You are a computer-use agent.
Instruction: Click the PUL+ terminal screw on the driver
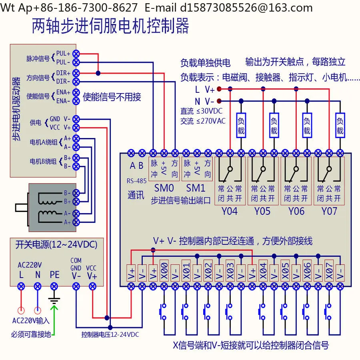tap(76, 54)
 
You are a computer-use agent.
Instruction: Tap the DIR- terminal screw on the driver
tap(76, 82)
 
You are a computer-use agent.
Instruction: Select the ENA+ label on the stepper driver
tap(63, 92)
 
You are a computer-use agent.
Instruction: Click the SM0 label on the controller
tap(164, 188)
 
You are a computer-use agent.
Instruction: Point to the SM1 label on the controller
tap(196, 188)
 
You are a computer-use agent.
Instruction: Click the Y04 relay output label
tap(229, 211)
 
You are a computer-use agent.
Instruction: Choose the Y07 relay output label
tap(329, 211)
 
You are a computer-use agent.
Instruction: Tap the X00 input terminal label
tap(164, 271)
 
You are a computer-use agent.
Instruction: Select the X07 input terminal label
tap(329, 271)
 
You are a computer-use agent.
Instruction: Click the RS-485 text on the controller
tap(137, 181)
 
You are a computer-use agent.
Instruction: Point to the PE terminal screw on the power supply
tap(54, 286)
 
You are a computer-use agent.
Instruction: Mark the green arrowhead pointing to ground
tap(54, 308)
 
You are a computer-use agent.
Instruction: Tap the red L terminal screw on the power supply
tap(21, 286)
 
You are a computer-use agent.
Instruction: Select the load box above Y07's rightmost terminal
tap(340, 125)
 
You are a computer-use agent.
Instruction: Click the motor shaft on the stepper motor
tap(21, 208)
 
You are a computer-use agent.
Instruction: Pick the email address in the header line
tap(246, 8)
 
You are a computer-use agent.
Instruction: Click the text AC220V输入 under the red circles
tap(31, 320)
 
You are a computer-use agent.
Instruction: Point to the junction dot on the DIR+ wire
tap(98, 73)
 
